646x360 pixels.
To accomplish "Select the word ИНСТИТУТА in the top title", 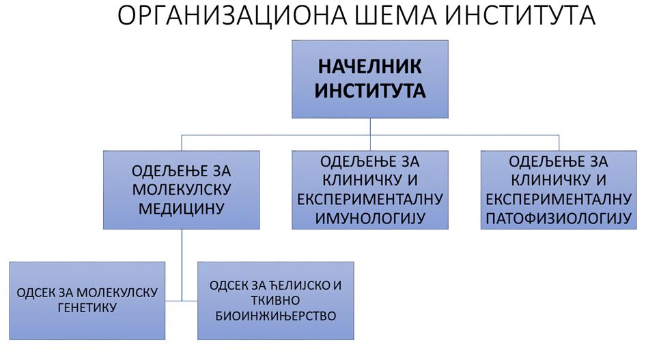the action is [520, 15].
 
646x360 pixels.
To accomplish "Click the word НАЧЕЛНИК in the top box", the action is [370, 66].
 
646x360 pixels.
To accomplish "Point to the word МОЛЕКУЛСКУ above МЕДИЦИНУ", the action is [182, 189].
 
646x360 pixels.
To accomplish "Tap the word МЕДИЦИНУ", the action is [181, 208].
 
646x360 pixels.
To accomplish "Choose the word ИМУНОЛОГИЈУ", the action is [370, 218].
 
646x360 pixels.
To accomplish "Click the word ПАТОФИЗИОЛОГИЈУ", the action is [559, 218].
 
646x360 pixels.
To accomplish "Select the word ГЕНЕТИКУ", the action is [87, 307].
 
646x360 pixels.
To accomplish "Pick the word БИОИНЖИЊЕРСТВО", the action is [276, 316].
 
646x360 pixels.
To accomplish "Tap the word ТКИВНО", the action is [276, 301].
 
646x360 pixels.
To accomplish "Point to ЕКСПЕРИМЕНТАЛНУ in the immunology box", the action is [370, 199].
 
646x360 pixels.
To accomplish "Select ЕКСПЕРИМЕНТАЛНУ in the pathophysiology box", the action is [559, 199].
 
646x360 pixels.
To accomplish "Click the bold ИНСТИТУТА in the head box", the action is [370, 91].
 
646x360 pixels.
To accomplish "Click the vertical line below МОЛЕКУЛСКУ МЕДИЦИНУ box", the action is [182, 265].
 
